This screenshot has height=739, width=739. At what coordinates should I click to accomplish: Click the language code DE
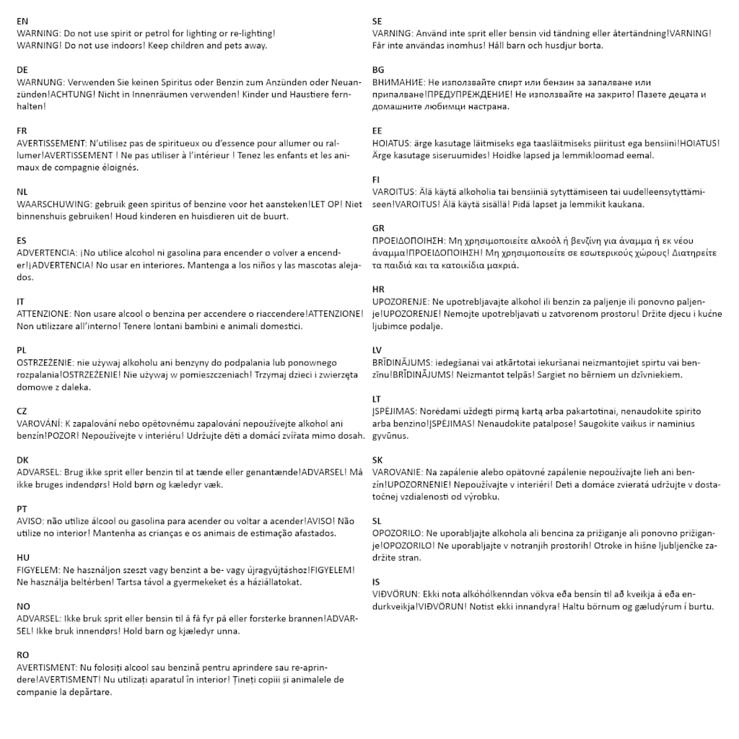[23, 70]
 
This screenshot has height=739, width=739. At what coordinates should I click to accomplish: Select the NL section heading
[22, 192]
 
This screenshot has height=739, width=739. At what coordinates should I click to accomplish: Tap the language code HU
[23, 558]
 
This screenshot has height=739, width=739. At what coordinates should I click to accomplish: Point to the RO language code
[23, 655]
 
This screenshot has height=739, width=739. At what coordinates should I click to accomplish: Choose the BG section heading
[378, 70]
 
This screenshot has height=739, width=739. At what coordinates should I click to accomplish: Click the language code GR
[379, 229]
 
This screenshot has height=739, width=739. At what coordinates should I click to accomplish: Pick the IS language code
[377, 582]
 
